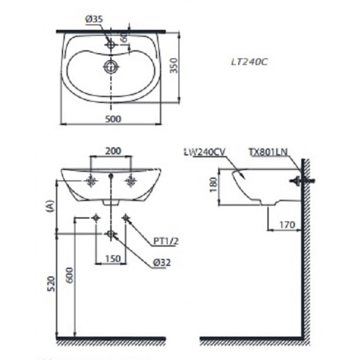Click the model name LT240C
click(249, 62)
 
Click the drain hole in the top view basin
click(111, 66)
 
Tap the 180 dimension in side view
click(213, 186)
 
